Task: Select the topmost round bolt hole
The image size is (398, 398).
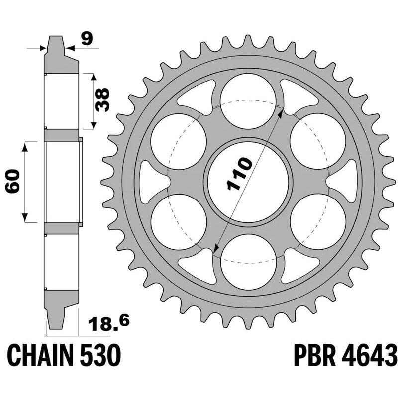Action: point(248,102)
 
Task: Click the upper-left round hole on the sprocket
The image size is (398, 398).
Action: point(178,142)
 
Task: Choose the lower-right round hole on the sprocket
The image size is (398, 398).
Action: point(317,222)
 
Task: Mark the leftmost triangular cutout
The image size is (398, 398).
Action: point(150,182)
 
